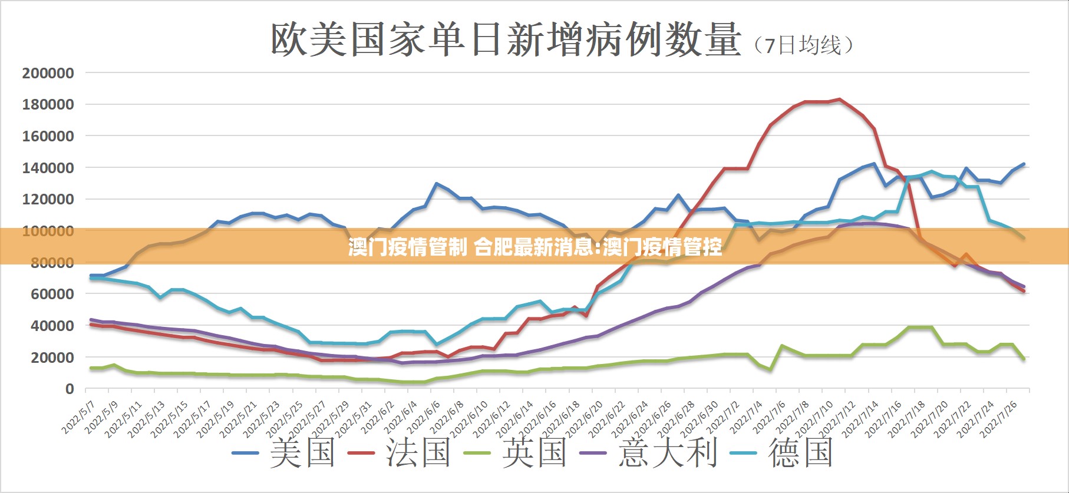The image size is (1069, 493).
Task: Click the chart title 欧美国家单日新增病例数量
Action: (505, 40)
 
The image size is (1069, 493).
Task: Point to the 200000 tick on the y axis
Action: (48, 73)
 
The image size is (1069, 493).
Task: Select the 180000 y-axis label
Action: (48, 105)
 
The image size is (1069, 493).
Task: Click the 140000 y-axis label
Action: (48, 168)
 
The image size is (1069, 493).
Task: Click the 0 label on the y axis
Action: (70, 389)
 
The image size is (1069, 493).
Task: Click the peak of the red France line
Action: (839, 100)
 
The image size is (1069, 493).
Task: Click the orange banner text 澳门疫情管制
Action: (408, 247)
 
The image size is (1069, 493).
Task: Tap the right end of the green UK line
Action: (1024, 359)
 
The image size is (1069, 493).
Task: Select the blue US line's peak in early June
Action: (437, 184)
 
